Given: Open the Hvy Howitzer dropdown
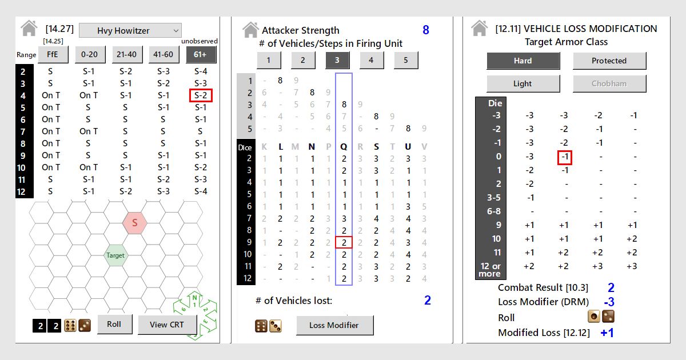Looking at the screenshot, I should click(x=130, y=30).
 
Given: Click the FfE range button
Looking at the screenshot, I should click(x=53, y=54).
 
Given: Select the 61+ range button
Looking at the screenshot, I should click(x=201, y=54).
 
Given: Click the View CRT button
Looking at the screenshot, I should click(x=167, y=325).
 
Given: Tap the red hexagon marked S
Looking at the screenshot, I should click(x=135, y=223).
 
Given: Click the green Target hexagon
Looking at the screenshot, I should click(x=115, y=255).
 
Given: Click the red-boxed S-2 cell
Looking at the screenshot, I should click(x=201, y=95).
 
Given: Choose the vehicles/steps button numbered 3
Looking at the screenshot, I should click(x=338, y=60).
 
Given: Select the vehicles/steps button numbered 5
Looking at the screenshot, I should click(x=406, y=60).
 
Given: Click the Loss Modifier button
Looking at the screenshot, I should click(x=334, y=325).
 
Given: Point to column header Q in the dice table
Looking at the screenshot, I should click(x=344, y=147).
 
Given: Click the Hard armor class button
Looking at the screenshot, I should click(x=523, y=61).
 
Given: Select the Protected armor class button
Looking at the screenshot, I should click(x=609, y=61).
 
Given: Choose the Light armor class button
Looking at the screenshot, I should click(x=523, y=83).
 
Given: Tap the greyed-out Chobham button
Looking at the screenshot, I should click(x=609, y=83).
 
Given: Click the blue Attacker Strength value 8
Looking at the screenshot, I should click(x=425, y=30).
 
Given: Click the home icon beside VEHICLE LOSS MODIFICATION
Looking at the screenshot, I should click(x=480, y=29).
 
